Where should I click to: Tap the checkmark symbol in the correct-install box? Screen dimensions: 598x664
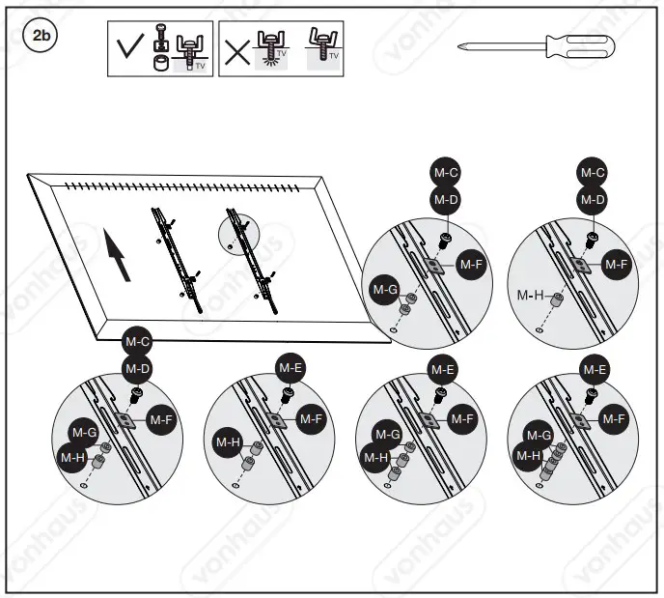point(129,48)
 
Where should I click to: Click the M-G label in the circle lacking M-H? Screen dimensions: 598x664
point(385,288)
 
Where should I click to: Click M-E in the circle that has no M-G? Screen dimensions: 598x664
point(290,367)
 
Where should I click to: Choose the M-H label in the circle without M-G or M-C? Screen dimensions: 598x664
point(227,443)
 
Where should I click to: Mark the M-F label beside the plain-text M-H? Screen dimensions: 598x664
point(615,262)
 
